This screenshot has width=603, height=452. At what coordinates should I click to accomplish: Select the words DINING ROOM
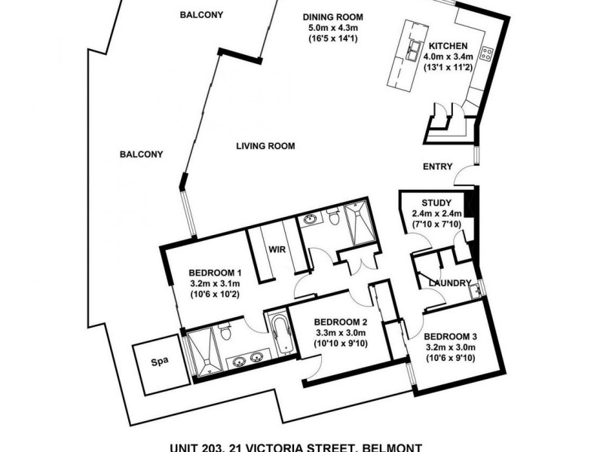point(333,17)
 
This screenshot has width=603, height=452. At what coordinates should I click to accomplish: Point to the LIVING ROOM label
point(265,146)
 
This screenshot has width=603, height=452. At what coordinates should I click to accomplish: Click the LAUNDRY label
point(445,283)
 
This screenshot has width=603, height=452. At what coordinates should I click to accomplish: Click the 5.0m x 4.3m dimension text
point(333,27)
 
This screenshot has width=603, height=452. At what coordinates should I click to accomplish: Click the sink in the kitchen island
point(414,51)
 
